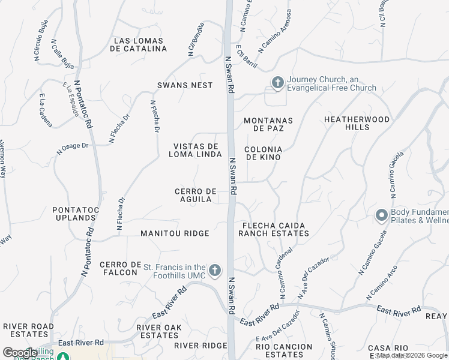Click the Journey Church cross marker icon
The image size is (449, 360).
coord(277,83)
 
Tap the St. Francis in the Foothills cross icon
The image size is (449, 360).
coord(215,271)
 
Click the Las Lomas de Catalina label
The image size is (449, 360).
coord(139,44)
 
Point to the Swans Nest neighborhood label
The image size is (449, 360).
coord(185,85)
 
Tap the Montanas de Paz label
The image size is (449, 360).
coord(268,124)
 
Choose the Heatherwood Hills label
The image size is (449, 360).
coord(357,124)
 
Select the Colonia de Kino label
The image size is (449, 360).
coord(264,153)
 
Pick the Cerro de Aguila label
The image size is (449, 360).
coord(195,195)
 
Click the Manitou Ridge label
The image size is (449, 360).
coord(175,233)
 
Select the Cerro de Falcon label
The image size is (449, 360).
coord(121,269)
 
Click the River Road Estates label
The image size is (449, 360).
coord(25,330)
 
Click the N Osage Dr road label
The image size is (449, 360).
coord(73,148)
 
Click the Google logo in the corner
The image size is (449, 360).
coord(20,353)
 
